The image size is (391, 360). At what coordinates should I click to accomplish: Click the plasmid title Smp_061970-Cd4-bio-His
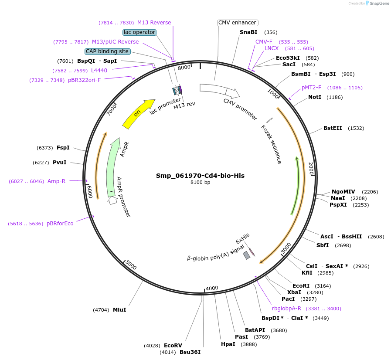click(x=200, y=176)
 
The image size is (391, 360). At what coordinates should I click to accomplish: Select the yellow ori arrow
click(x=138, y=114)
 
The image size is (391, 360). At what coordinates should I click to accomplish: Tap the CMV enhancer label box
click(x=238, y=23)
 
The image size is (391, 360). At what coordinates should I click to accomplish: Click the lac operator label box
click(x=139, y=32)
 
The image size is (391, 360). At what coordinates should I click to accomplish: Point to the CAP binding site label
click(x=107, y=51)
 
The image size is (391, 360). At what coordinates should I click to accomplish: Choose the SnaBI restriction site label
click(x=248, y=32)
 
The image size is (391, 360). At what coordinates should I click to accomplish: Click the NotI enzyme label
click(x=315, y=97)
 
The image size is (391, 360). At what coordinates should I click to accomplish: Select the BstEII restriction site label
click(x=333, y=128)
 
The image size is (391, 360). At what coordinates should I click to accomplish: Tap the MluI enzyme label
click(x=119, y=310)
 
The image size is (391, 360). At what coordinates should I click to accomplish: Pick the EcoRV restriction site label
click(x=173, y=346)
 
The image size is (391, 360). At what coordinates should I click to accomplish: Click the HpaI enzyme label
click(x=228, y=344)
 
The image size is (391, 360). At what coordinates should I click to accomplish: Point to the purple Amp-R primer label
click(x=56, y=181)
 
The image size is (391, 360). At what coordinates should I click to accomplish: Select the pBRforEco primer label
click(x=60, y=224)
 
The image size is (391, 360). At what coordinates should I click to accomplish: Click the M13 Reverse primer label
click(x=154, y=23)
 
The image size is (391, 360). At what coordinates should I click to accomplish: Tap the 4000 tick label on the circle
click(x=212, y=288)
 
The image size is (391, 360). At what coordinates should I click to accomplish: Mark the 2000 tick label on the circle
click(x=311, y=169)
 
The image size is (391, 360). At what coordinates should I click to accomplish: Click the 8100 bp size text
click(x=200, y=183)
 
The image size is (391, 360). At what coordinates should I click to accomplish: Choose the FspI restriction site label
click(x=63, y=148)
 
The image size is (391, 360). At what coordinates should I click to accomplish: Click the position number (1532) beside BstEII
click(x=356, y=128)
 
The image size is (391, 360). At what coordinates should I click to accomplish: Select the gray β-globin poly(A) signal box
click(x=246, y=255)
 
